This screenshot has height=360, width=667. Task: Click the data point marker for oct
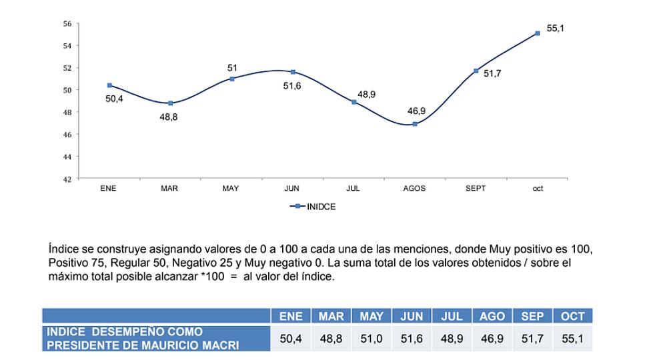click(x=537, y=33)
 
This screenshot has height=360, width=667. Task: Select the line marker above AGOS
click(x=415, y=124)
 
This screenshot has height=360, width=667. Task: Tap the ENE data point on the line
click(x=109, y=85)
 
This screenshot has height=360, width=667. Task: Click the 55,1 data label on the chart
click(x=556, y=29)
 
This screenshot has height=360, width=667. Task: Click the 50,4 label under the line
click(x=115, y=99)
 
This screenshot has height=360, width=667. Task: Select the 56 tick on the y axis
click(x=67, y=23)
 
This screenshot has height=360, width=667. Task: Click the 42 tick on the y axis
click(x=67, y=179)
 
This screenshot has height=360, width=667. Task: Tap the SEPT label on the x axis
click(x=476, y=189)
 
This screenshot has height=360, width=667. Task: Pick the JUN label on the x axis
click(x=292, y=189)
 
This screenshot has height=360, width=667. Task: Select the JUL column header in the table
click(x=452, y=317)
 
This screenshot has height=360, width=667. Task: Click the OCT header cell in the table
click(x=572, y=317)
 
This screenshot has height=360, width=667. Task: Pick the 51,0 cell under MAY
click(x=371, y=339)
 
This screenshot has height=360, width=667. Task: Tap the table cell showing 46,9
click(x=492, y=339)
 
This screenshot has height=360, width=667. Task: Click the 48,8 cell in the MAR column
click(x=331, y=339)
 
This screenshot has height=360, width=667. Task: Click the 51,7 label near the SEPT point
click(x=492, y=73)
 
